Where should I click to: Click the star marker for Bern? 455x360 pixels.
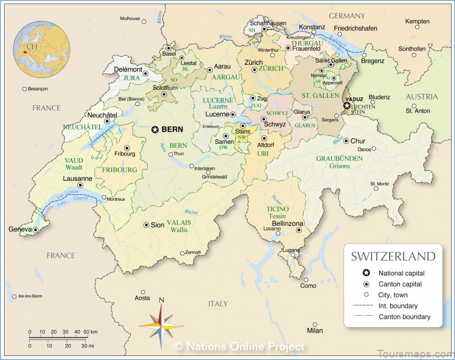pos(155,130)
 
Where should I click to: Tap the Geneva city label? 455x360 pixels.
pos(19,229)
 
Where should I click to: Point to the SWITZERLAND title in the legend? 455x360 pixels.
pos(393,256)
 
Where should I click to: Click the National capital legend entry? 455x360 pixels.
pos(401,273)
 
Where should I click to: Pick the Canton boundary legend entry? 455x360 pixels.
pos(404,317)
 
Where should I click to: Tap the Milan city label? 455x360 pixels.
pos(315,330)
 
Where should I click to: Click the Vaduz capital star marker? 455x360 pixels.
pos(346,106)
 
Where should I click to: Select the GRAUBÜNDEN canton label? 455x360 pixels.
pos(340,158)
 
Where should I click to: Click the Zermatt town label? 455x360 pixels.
pos(193,253)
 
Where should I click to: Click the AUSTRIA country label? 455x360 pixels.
pos(421,97)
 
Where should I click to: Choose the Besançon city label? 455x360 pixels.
pos(38,89)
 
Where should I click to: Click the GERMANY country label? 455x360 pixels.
pos(347,15)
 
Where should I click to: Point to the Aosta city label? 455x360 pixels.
pos(142,298)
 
